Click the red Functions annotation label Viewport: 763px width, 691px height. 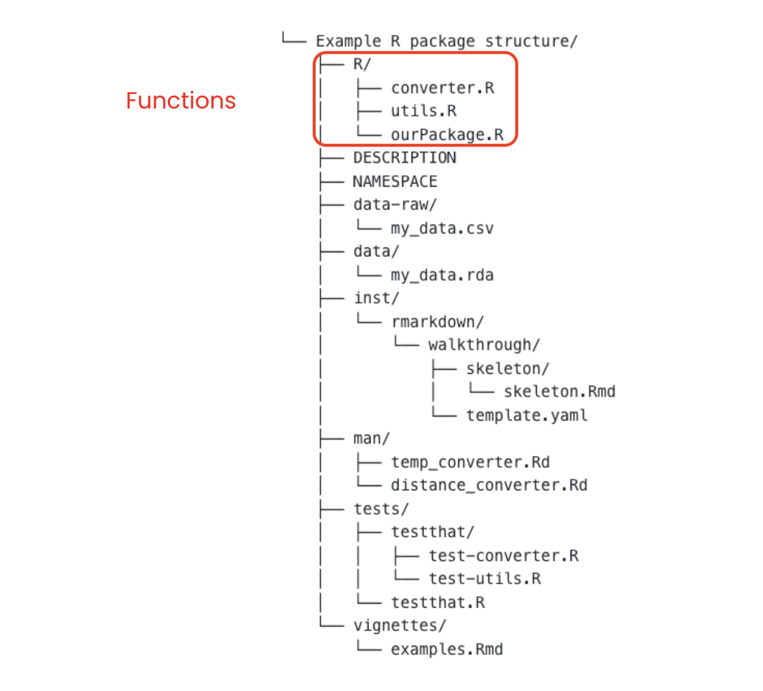(x=181, y=100)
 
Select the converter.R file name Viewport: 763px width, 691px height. (x=443, y=88)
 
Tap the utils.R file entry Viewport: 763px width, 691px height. (x=423, y=111)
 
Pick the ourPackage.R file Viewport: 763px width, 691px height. (x=447, y=135)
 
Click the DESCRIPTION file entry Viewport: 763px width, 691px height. (x=405, y=158)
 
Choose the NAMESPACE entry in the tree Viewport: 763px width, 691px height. (x=395, y=181)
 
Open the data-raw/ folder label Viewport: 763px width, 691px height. (x=395, y=205)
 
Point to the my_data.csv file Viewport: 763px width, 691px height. (x=442, y=229)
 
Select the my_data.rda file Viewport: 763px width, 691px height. (x=442, y=275)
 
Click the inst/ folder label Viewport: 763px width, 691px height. (x=377, y=298)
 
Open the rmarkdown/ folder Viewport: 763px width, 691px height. (x=438, y=322)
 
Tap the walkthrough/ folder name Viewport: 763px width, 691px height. (x=484, y=345)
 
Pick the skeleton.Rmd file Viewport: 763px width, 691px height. (x=560, y=392)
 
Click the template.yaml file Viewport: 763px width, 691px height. (x=527, y=416)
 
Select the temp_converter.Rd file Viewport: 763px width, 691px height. (x=471, y=462)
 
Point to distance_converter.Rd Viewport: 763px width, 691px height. (x=490, y=485)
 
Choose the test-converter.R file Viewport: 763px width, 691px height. (x=504, y=556)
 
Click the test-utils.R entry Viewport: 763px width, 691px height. (x=485, y=579)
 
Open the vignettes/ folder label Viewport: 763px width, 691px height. (x=400, y=626)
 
